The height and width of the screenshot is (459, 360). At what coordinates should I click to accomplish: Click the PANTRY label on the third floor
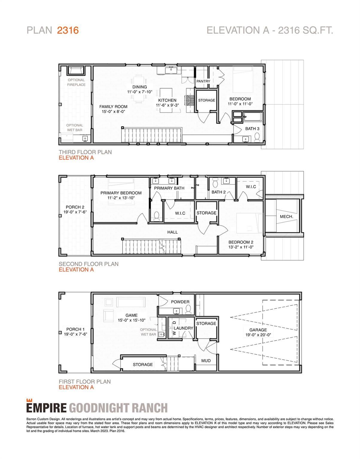pyautogui.click(x=203, y=81)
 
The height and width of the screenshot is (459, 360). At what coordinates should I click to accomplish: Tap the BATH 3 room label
pyautogui.click(x=252, y=128)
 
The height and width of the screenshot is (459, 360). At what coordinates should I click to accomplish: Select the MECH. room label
pyautogui.click(x=286, y=216)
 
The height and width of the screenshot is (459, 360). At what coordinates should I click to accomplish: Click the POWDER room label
pyautogui.click(x=180, y=302)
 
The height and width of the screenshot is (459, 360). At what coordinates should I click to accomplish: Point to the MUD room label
pyautogui.click(x=206, y=361)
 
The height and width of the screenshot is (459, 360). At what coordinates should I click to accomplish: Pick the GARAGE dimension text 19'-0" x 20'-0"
pyautogui.click(x=258, y=335)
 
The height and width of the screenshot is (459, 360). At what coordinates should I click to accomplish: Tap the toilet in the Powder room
pyautogui.click(x=188, y=312)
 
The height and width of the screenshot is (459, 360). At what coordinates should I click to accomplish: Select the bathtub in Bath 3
pyautogui.click(x=253, y=117)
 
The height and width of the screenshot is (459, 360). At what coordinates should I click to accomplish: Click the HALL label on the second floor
pyautogui.click(x=172, y=232)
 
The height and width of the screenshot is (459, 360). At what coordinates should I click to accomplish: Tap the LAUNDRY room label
pyautogui.click(x=183, y=328)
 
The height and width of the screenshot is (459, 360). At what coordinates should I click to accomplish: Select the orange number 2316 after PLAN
pyautogui.click(x=68, y=30)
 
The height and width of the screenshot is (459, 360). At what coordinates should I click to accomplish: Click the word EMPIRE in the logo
pyautogui.click(x=46, y=408)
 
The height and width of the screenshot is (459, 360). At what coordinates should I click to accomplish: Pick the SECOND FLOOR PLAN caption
pyautogui.click(x=89, y=264)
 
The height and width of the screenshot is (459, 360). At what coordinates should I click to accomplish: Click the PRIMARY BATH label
pyautogui.click(x=169, y=188)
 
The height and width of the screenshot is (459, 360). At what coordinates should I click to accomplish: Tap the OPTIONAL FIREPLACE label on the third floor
pyautogui.click(x=76, y=82)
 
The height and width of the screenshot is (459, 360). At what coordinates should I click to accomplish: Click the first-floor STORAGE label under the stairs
pyautogui.click(x=143, y=364)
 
